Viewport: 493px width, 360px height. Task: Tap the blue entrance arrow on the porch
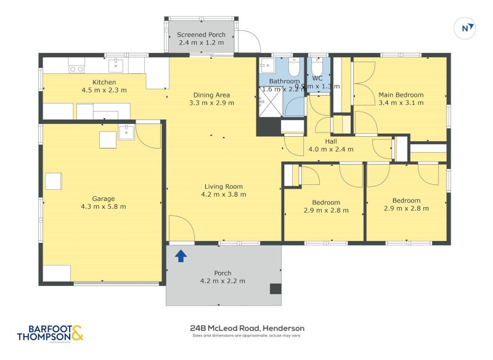(x=181, y=255)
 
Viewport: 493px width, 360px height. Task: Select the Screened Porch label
(x=201, y=35)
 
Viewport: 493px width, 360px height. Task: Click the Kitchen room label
(x=104, y=82)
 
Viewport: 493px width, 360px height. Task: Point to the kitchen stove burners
(x=76, y=69)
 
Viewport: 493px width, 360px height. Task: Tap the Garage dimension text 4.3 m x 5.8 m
(x=104, y=207)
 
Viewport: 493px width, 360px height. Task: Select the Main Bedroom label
(x=401, y=94)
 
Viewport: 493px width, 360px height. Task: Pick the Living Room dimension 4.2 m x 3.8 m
(x=224, y=194)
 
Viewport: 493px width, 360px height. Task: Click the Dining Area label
(x=211, y=94)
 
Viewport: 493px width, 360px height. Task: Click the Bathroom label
(x=284, y=81)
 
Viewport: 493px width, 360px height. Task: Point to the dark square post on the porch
(x=275, y=288)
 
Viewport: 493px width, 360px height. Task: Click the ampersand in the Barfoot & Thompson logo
(x=77, y=333)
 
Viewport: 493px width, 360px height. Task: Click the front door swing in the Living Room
(x=181, y=229)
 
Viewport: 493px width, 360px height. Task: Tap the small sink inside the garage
(x=126, y=132)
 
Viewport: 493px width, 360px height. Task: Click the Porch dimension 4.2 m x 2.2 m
(x=222, y=280)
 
